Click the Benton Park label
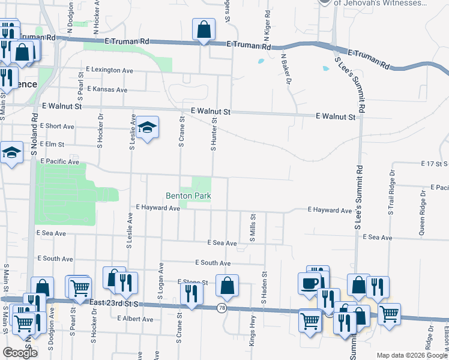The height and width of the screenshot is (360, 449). (188, 196)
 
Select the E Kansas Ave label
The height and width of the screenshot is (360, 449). (107, 89)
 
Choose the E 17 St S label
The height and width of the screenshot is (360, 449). (434, 163)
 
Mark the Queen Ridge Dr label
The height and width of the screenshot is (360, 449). (422, 216)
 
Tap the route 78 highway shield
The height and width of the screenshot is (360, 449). (221, 308)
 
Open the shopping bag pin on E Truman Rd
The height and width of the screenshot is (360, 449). (204, 29)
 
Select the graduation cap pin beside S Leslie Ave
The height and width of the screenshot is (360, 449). (146, 128)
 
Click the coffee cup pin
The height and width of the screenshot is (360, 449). (310, 283)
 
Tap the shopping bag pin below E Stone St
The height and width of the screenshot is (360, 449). (227, 287)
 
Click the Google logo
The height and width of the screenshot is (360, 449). (20, 353)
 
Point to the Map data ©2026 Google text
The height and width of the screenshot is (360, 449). (411, 355)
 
